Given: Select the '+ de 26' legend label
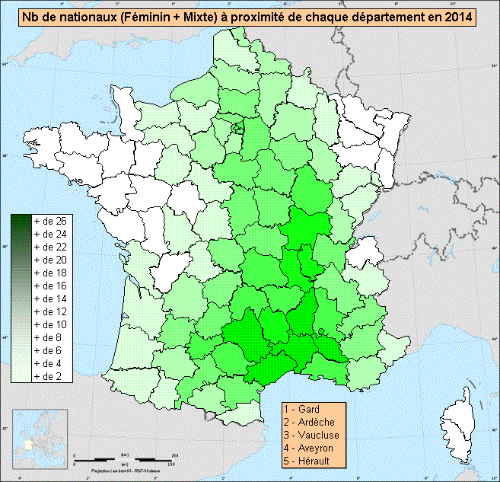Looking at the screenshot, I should (x=51, y=221).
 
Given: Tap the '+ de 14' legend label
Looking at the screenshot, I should (x=51, y=298).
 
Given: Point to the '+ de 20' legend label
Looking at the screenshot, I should (x=51, y=260).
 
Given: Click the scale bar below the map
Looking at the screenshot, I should (x=126, y=460).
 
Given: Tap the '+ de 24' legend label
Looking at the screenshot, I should (x=51, y=234).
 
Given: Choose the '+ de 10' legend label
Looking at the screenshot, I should (x=51, y=324).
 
